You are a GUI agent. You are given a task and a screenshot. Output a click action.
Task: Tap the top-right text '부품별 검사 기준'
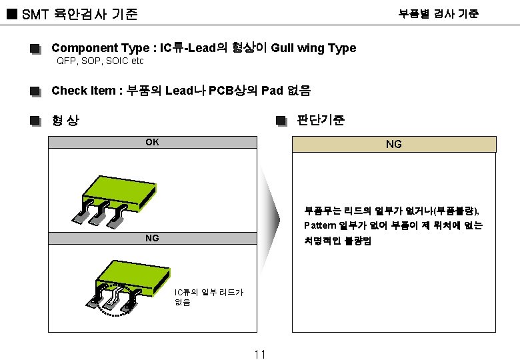coord(438,13)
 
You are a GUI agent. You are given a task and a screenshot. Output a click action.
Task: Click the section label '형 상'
coord(65,121)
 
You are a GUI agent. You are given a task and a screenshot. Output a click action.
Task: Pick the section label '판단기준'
coord(321,121)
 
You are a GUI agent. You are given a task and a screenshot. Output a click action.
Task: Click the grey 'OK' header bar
coord(153,142)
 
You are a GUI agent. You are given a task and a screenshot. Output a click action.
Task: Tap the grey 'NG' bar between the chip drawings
coord(153,238)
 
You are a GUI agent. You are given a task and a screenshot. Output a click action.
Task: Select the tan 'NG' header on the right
coord(394,144)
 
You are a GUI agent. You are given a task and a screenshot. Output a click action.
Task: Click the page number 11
coord(260,354)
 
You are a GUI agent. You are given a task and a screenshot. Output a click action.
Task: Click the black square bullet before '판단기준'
coord(281,121)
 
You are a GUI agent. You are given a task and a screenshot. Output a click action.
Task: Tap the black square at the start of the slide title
coord(11,14)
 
